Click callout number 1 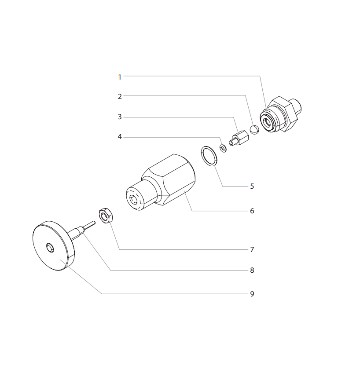[x=119, y=77]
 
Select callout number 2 [x=119, y=96]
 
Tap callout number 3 [x=119, y=117]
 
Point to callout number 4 [x=119, y=137]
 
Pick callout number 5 [x=252, y=186]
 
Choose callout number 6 [x=252, y=211]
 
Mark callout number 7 [x=252, y=249]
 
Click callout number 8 [x=252, y=270]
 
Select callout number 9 [x=252, y=294]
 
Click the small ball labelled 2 [x=254, y=130]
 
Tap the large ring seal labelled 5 [x=209, y=156]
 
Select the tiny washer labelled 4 [x=223, y=147]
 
